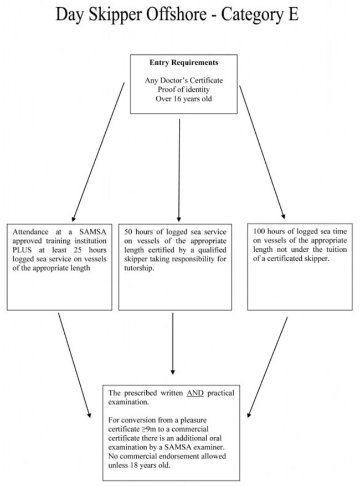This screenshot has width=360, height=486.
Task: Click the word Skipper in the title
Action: [117, 14]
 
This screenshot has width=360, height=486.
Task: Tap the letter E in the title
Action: [294, 14]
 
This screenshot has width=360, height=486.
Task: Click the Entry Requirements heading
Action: [184, 63]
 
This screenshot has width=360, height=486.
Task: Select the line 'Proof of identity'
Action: [184, 90]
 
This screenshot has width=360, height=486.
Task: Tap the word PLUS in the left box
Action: [22, 250]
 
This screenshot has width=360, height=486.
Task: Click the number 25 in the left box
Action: [78, 250]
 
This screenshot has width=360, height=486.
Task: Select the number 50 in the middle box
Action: [128, 232]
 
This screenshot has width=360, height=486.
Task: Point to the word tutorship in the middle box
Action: [139, 268]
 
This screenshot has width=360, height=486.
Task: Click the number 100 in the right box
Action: [259, 231]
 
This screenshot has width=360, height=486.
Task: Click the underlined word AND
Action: [195, 393]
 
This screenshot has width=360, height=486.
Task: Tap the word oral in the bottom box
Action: [216, 438]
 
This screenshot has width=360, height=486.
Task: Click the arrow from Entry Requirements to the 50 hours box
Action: [179, 170]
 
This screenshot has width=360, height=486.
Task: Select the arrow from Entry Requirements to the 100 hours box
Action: [263, 152]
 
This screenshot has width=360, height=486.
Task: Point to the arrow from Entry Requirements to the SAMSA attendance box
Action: [98, 152]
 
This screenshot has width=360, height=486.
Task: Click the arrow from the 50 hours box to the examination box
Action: [173, 343]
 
